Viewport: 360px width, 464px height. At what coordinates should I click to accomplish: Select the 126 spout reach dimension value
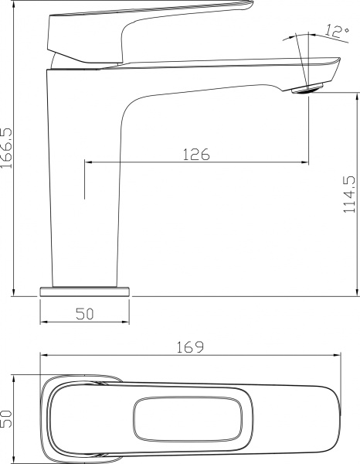196,154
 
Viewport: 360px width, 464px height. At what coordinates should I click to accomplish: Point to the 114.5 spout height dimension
348,193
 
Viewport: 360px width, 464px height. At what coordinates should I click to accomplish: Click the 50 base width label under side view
84,313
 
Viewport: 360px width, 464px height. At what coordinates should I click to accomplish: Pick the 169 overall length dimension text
190,347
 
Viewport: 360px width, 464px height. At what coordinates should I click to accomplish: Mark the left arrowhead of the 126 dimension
87,162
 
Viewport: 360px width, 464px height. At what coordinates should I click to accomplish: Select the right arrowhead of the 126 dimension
306,162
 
